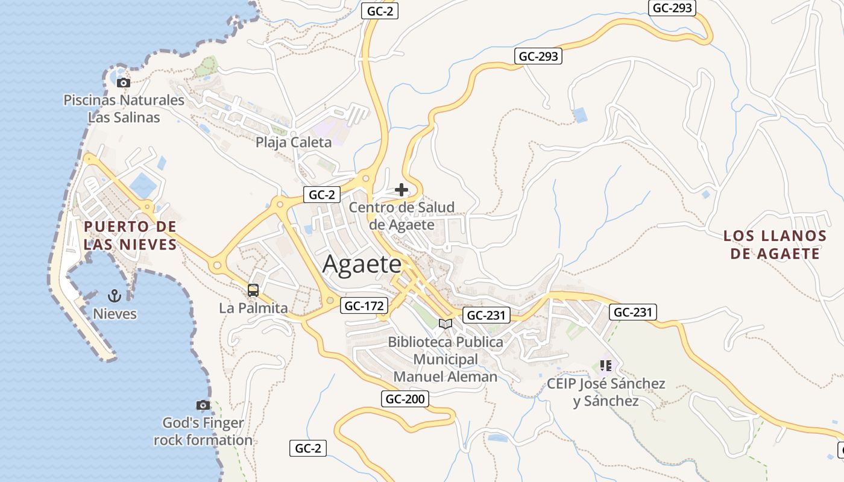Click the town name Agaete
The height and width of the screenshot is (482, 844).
(362, 264)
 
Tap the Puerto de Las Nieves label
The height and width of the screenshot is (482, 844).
(130, 236)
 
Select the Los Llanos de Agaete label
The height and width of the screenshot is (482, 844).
(775, 245)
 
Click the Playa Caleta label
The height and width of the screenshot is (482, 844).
(294, 142)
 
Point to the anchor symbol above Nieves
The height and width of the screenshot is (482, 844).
(115, 296)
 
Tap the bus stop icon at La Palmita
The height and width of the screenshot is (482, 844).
(253, 290)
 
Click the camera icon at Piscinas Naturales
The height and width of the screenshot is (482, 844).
(124, 83)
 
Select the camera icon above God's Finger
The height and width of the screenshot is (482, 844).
(203, 405)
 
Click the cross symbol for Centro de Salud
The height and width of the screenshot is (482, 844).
(402, 190)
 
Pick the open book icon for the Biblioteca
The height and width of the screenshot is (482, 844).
(446, 324)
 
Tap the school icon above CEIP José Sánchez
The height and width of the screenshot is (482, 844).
(606, 366)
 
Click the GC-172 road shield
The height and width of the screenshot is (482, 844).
(364, 306)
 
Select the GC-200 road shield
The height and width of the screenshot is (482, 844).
(405, 399)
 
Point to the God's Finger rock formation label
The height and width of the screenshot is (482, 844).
(203, 431)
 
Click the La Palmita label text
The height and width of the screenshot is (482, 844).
(253, 308)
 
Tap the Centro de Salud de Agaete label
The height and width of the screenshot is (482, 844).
(402, 216)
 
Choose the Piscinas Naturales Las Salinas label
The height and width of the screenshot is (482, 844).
(124, 108)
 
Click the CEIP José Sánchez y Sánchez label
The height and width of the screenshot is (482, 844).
(606, 392)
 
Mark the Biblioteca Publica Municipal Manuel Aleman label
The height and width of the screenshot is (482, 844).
(446, 359)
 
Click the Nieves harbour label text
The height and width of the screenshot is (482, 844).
(115, 314)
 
